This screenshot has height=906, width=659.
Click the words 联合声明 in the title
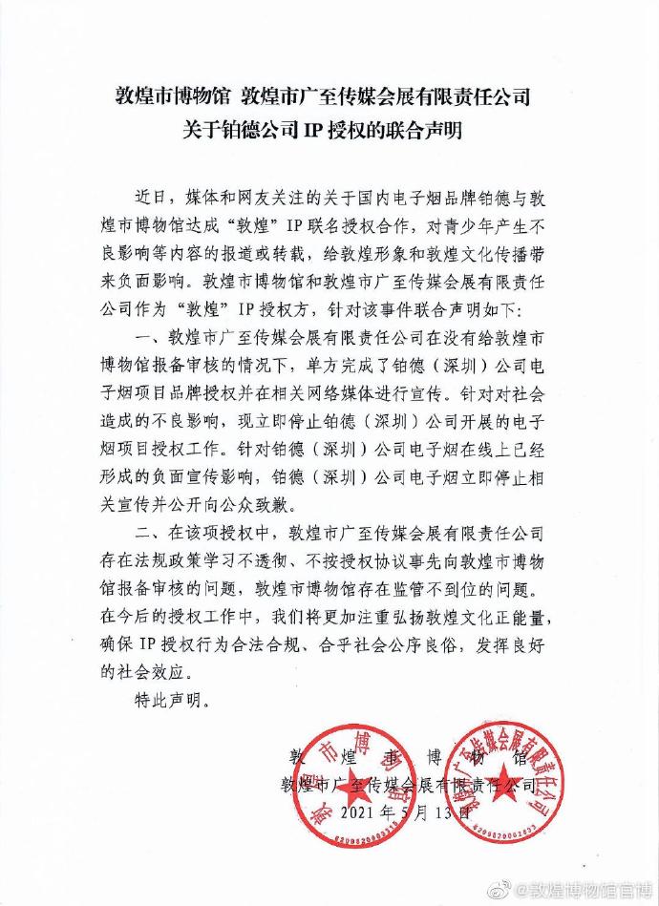click(x=416, y=131)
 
